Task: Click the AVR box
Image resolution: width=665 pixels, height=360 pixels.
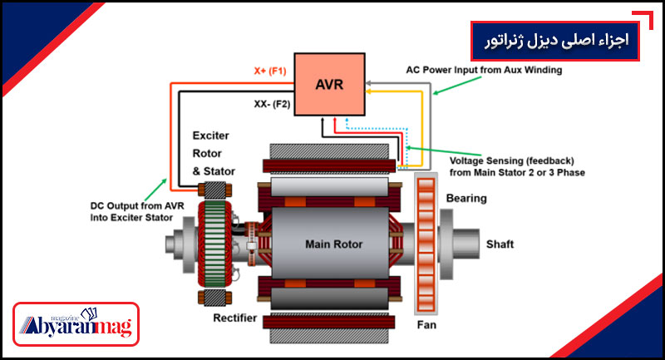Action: pos(329,83)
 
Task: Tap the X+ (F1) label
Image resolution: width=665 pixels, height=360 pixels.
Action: pos(269,71)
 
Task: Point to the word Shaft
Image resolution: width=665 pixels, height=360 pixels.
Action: pos(500,244)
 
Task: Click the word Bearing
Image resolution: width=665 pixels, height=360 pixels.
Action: pos(466,199)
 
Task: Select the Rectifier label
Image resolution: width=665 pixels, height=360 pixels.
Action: pos(234,316)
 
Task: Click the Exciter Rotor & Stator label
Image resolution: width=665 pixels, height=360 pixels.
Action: pos(214,153)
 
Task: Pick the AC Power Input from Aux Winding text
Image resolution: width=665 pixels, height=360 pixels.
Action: pos(484,71)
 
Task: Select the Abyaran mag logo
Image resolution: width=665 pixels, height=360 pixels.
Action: pos(77,325)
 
